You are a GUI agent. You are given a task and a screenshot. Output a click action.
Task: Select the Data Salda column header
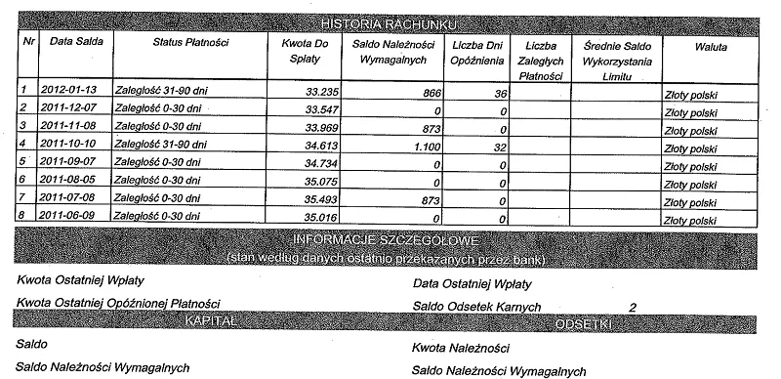click(x=76, y=43)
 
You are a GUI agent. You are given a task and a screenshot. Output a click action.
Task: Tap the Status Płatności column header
click(x=190, y=43)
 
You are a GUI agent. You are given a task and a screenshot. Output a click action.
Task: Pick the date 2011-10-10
click(x=67, y=143)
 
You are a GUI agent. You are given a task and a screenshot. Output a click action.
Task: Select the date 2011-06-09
click(x=67, y=215)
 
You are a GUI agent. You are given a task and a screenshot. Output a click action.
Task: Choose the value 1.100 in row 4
click(x=426, y=145)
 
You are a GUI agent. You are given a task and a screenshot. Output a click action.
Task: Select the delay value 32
click(x=498, y=145)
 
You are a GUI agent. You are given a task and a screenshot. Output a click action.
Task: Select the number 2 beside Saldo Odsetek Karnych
click(x=633, y=308)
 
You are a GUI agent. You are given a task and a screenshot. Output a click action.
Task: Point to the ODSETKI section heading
click(x=582, y=322)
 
